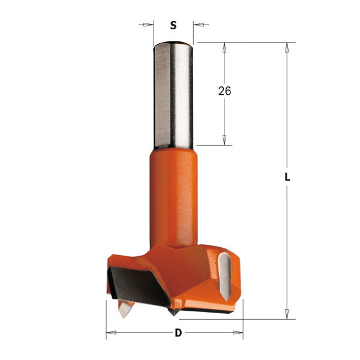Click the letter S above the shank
pyautogui.click(x=173, y=25)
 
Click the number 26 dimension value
pyautogui.click(x=224, y=91)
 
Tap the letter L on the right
pyautogui.click(x=287, y=178)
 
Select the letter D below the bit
pyautogui.click(x=178, y=333)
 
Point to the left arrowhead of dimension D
pyautogui.click(x=110, y=332)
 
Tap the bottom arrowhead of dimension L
pyautogui.click(x=287, y=314)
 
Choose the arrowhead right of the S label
pyautogui.click(x=197, y=25)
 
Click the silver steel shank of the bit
pyautogui.click(x=173, y=96)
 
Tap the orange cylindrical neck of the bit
pyautogui.click(x=173, y=192)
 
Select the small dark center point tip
pyautogui.click(x=174, y=311)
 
